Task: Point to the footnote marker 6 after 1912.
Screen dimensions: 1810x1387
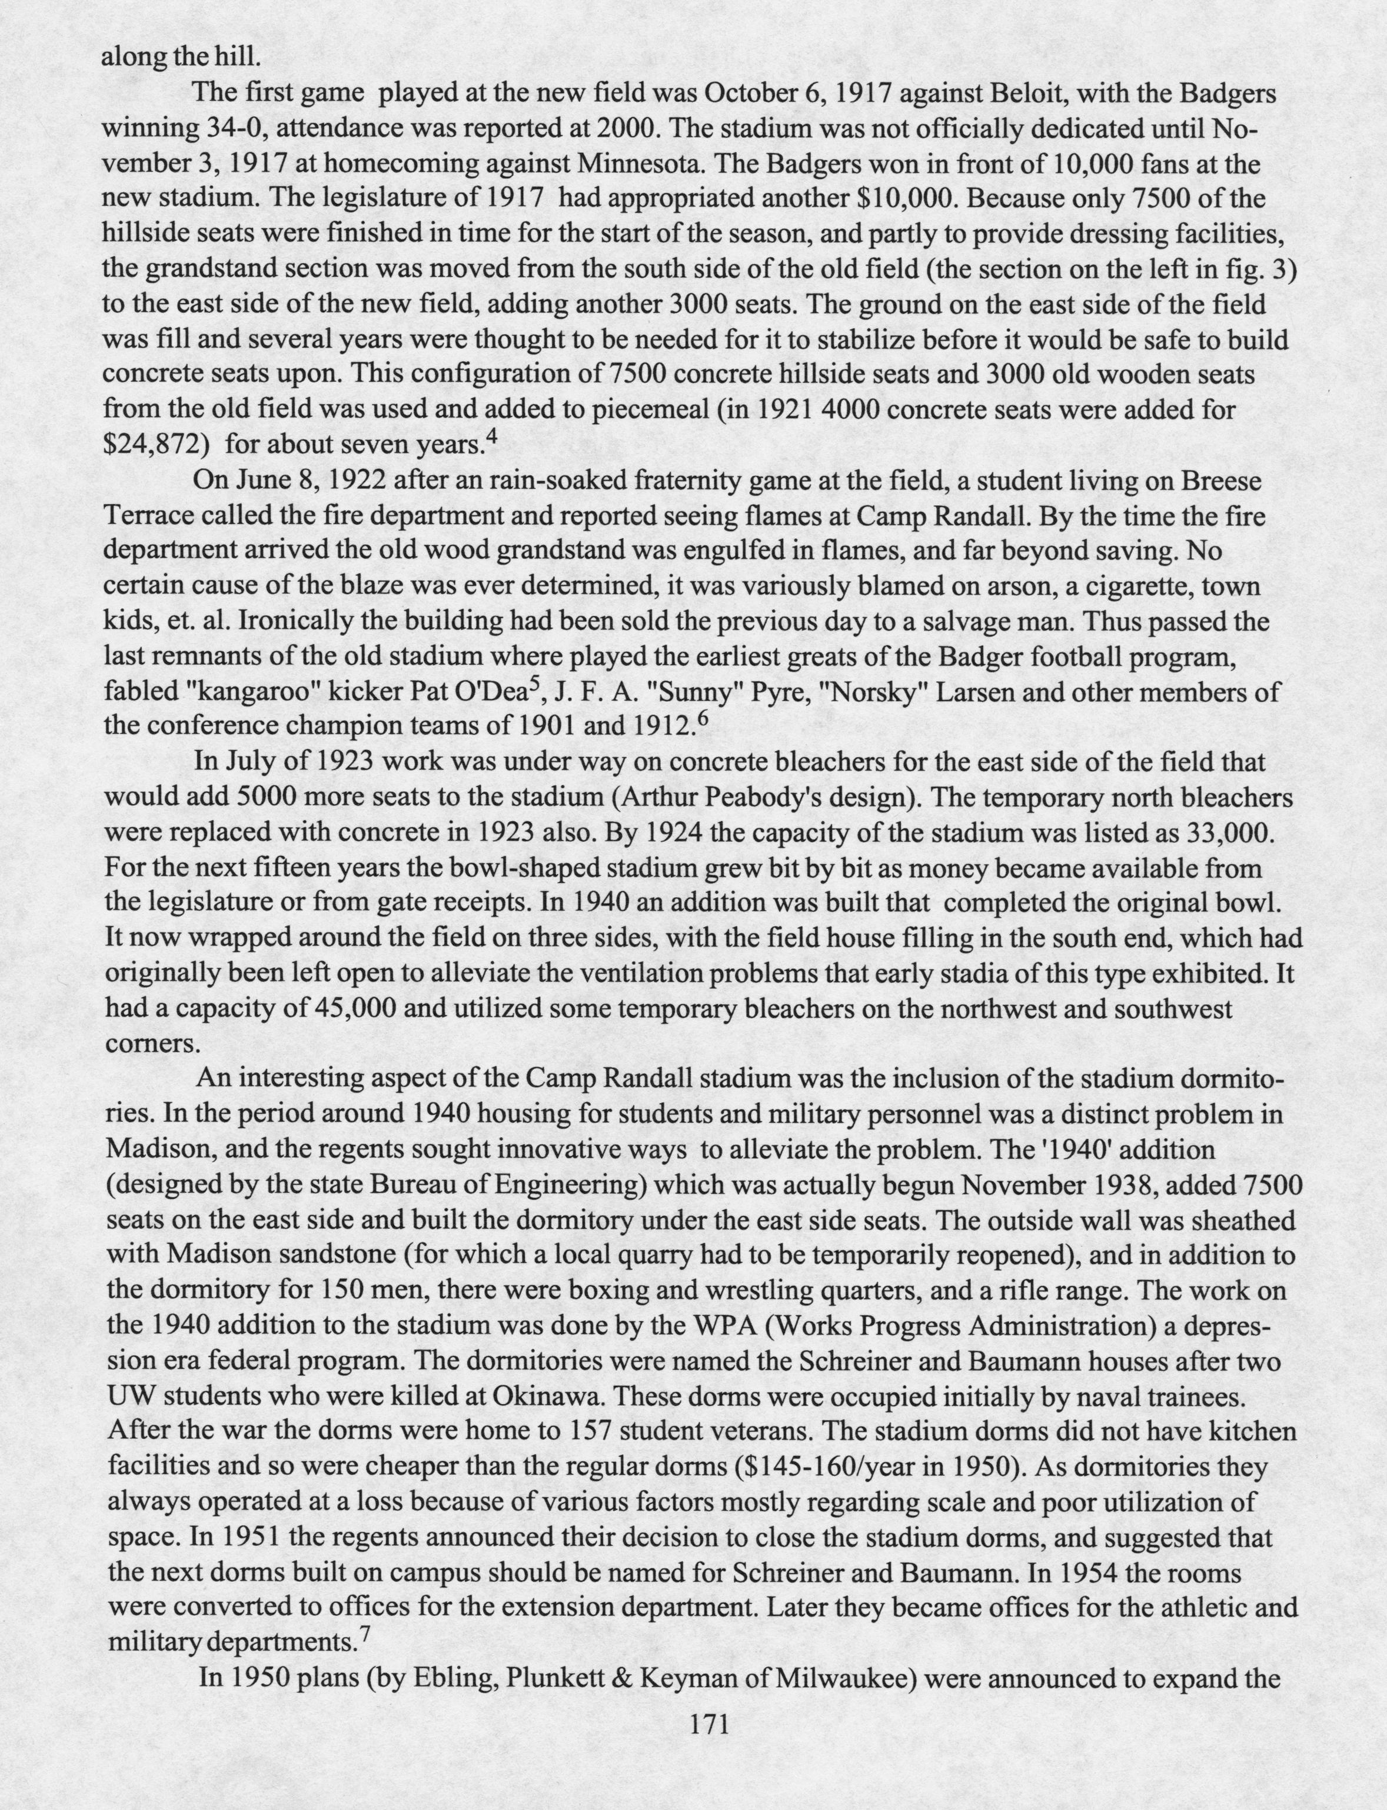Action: pyautogui.click(x=703, y=716)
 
